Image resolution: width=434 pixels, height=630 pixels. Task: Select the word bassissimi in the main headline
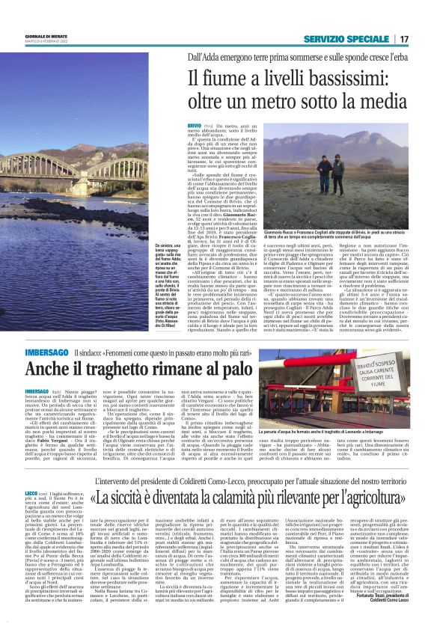point(346,77)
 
